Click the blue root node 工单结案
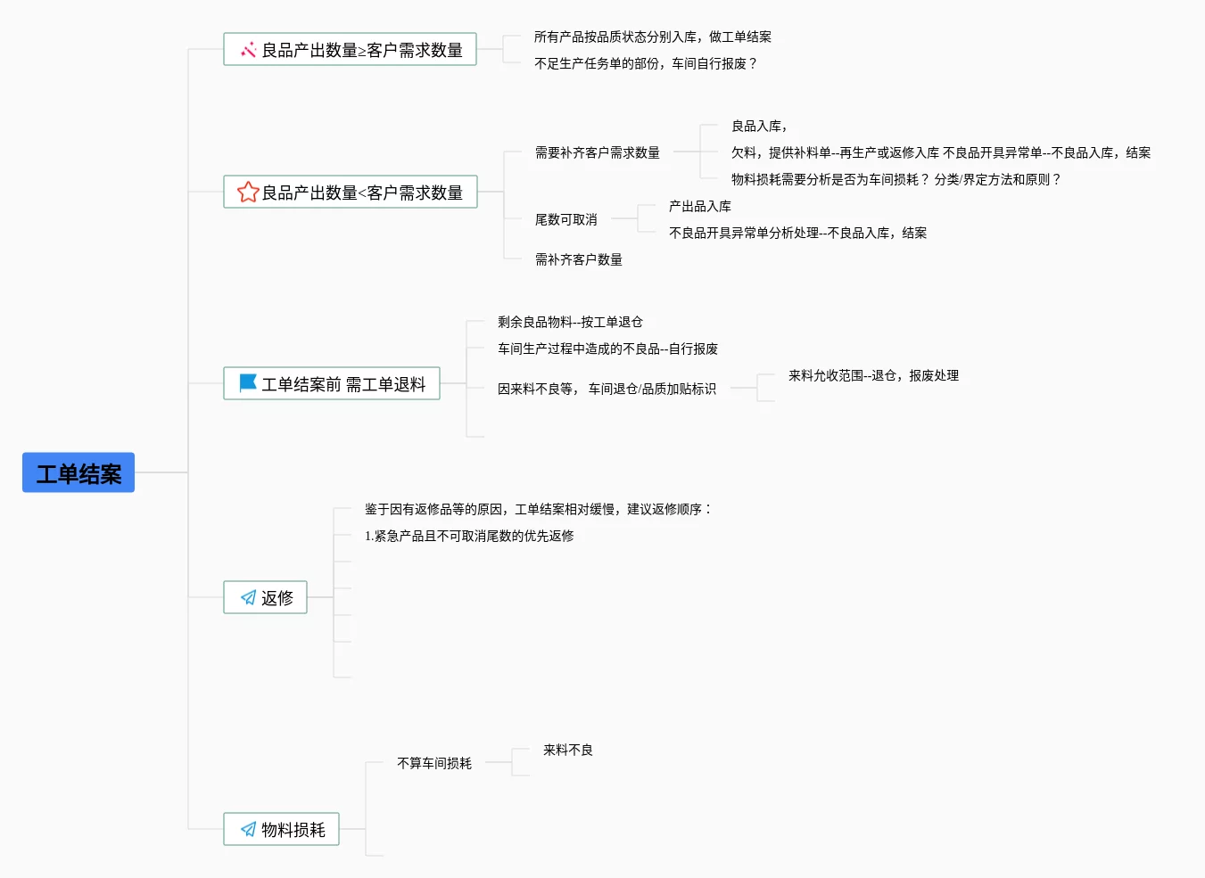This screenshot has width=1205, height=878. tap(78, 472)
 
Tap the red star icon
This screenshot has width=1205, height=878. tap(247, 192)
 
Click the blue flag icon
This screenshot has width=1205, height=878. tap(248, 383)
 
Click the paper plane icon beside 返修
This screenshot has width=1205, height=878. tap(248, 597)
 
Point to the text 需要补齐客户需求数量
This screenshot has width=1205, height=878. tap(597, 152)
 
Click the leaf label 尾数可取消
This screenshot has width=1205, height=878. tap(565, 219)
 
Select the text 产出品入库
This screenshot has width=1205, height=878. tap(699, 206)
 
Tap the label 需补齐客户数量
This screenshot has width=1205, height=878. tap(578, 259)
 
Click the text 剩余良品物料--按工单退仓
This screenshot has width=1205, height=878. tap(569, 322)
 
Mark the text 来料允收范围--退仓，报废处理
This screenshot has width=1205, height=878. tap(873, 375)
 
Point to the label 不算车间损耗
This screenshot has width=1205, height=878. tap(433, 763)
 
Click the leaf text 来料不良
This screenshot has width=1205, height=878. tap(567, 750)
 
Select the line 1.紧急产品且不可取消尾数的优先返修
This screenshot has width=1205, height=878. tap(468, 536)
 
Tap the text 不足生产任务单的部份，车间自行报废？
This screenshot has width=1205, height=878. tap(645, 63)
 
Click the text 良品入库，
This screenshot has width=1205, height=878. tap(758, 126)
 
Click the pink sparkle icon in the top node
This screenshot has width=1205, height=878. tap(248, 50)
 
